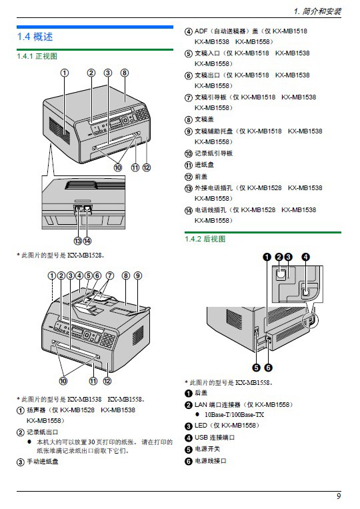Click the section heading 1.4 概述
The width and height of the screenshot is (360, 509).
tap(35, 37)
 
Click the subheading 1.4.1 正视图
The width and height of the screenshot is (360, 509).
tap(37, 56)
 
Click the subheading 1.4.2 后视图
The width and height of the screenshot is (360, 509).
tap(205, 239)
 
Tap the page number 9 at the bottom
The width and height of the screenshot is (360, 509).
tap(339, 496)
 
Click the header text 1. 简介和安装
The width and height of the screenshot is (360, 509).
tap(317, 11)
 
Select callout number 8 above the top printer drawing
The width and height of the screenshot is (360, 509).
tap(125, 73)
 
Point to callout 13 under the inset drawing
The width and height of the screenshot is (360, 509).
tap(78, 241)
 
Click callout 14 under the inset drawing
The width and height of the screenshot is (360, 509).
tap(87, 241)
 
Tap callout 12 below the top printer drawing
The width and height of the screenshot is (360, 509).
tap(147, 167)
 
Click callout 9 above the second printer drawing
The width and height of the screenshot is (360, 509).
tap(138, 276)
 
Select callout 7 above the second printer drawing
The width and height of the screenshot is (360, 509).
tap(110, 276)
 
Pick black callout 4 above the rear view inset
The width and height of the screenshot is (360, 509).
tap(305, 257)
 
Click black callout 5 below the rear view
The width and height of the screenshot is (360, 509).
tap(256, 368)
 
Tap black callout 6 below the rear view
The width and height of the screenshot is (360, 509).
tap(268, 368)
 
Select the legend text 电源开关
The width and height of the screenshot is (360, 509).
tap(207, 449)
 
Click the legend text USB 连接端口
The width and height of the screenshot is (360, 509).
tap(215, 437)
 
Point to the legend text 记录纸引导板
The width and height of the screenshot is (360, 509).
tap(213, 153)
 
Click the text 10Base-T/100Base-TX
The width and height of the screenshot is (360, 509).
tap(234, 414)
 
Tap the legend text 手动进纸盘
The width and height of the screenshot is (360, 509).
tap(43, 461)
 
